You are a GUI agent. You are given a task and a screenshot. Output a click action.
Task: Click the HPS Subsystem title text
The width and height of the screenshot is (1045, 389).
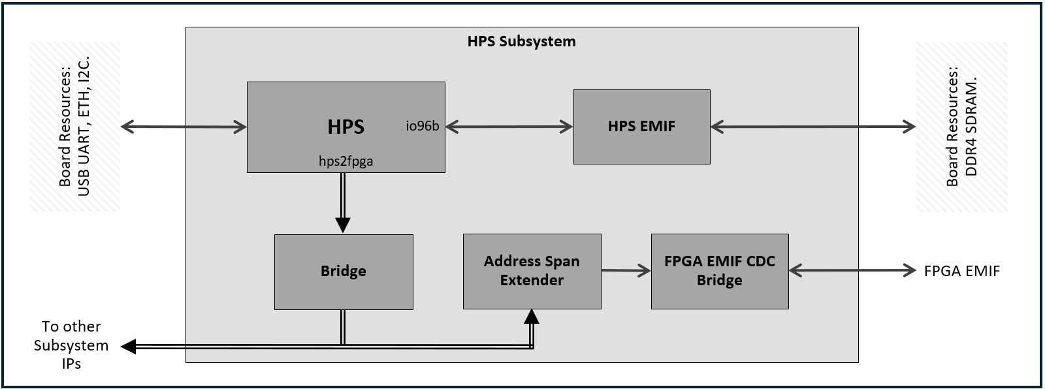[521, 41]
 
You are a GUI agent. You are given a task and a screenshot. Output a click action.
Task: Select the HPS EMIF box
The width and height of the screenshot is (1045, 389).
[641, 127]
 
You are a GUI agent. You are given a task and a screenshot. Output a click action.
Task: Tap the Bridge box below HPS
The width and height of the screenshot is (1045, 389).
[344, 272]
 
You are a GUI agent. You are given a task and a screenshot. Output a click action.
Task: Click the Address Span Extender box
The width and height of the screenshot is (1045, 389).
[532, 271]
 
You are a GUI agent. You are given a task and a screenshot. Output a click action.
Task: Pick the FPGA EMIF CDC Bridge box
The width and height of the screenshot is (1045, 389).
[719, 271]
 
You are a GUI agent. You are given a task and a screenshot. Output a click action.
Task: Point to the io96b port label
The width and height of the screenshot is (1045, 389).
[422, 127]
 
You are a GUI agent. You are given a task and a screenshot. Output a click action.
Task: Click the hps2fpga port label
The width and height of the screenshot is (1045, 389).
[346, 161]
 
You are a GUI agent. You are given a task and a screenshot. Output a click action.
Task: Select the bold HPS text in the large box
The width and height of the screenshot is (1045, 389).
[346, 127]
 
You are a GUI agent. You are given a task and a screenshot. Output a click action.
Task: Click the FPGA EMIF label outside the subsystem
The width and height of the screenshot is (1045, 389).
[961, 271]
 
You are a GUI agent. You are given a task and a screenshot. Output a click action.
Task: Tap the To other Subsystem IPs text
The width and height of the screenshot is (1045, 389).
[71, 345]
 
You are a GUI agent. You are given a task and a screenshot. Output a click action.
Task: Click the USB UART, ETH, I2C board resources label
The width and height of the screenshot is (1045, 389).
[74, 127]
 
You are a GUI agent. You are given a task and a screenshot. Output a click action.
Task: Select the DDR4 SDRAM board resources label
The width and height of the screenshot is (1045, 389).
[961, 127]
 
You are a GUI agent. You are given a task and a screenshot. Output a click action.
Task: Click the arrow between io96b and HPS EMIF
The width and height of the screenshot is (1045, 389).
[509, 127]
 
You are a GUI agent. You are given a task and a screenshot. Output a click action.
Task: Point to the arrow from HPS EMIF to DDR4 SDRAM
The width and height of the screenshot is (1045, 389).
[813, 127]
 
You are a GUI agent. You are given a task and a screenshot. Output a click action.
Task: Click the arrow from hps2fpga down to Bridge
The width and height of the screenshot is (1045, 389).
[343, 202]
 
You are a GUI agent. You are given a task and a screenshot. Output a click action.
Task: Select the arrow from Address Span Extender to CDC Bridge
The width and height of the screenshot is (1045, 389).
[626, 270]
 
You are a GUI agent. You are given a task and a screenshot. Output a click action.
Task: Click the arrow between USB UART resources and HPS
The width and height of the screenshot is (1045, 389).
[184, 127]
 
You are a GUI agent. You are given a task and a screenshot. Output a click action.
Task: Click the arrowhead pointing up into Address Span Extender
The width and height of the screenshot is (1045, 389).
[532, 317]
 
